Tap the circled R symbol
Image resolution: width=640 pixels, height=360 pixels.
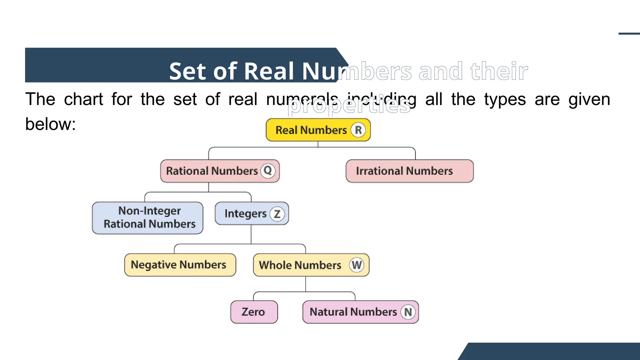[x=358, y=130]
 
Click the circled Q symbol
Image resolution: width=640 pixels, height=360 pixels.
[x=268, y=171]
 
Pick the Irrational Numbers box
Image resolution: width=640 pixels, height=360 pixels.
[x=409, y=171]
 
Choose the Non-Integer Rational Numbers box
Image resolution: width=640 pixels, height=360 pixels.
[x=147, y=218]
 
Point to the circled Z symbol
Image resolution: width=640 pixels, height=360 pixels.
[x=277, y=214]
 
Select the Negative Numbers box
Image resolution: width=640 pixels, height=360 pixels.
[x=180, y=265]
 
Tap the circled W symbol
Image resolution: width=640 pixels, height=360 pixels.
[x=357, y=265]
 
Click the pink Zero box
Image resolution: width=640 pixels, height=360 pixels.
[x=254, y=312]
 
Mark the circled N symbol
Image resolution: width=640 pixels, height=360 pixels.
[x=408, y=312]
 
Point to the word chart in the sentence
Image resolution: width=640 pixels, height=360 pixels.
[x=83, y=99]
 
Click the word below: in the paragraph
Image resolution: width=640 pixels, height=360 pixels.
[x=50, y=124]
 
